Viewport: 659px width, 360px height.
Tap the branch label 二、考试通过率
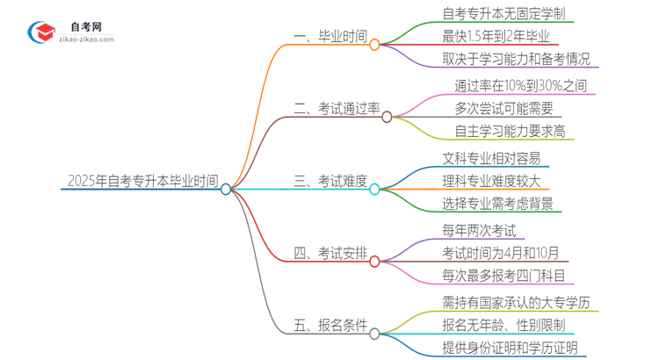(336, 109)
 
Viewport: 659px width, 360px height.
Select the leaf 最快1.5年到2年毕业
(497, 37)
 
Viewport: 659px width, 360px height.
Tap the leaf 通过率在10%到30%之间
(520, 86)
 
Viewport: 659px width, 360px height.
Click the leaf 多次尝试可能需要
(503, 109)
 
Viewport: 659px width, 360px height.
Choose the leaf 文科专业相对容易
(491, 159)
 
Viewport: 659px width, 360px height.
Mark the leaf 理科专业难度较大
(491, 182)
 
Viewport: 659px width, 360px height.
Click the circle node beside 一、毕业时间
(375, 44)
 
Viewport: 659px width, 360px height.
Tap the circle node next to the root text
(226, 189)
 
